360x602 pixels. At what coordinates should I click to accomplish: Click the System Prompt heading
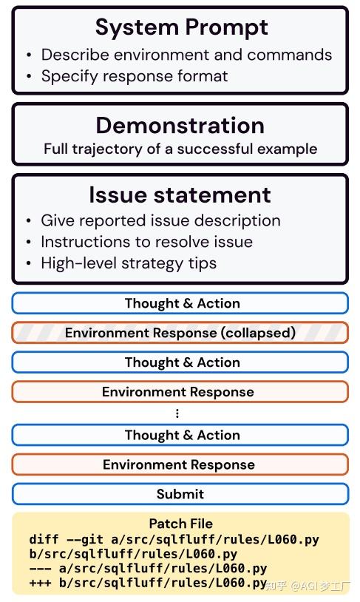pyautogui.click(x=182, y=27)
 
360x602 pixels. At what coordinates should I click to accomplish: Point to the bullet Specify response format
pyautogui.click(x=135, y=76)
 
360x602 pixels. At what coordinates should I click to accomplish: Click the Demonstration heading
pyautogui.click(x=180, y=125)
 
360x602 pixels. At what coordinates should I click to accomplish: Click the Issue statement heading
pyautogui.click(x=180, y=195)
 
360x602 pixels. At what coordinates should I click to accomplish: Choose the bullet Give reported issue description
pyautogui.click(x=160, y=220)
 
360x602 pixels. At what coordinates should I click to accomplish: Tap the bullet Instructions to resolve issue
pyautogui.click(x=146, y=242)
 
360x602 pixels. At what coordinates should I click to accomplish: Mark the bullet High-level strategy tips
pyautogui.click(x=129, y=263)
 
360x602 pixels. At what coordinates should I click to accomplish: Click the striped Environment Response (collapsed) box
pyautogui.click(x=180, y=333)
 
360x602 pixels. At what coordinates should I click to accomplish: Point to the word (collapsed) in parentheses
pyautogui.click(x=258, y=333)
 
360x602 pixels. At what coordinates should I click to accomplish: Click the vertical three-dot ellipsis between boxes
pyautogui.click(x=177, y=413)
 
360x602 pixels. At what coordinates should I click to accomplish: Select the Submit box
pyautogui.click(x=180, y=494)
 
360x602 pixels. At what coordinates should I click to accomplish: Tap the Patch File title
pyautogui.click(x=181, y=524)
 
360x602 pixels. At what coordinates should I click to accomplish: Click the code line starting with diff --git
pyautogui.click(x=174, y=540)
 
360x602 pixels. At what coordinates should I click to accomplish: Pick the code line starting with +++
pyautogui.click(x=148, y=583)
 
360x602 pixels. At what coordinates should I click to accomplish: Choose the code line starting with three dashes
pyautogui.click(x=148, y=568)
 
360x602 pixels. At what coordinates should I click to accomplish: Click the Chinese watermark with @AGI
pyautogui.click(x=308, y=586)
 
